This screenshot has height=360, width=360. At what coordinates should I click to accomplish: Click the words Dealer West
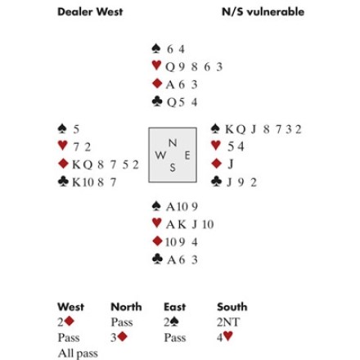[90, 11]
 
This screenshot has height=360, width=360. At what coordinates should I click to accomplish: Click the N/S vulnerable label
[263, 11]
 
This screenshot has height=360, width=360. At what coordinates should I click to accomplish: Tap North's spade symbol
[156, 48]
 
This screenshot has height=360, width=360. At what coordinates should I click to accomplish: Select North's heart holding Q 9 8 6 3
[194, 67]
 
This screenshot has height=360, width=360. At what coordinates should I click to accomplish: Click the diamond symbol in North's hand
[157, 83]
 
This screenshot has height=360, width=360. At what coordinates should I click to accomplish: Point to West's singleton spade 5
[76, 129]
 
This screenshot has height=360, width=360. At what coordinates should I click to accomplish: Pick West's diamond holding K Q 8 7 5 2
[106, 164]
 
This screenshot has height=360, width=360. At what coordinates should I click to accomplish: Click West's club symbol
[63, 182]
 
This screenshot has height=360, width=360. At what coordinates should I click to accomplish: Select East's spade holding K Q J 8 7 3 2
[263, 129]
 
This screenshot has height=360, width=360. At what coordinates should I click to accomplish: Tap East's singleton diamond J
[231, 164]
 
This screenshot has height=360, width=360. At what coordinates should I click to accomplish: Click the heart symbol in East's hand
[216, 145]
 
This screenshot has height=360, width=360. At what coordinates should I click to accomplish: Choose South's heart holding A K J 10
[190, 225]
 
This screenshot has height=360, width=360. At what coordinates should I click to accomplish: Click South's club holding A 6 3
[182, 260]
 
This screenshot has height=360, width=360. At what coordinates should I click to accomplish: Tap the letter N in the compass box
[173, 143]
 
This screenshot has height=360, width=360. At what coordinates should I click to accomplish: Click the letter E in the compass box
[187, 155]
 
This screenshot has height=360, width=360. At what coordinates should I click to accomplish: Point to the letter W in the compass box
[160, 155]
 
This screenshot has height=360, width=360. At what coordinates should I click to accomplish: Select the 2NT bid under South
[228, 322]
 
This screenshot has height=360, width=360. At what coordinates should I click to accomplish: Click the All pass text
[78, 353]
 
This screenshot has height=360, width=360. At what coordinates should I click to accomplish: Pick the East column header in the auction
[174, 307]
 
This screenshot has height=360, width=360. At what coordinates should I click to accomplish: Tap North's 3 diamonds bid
[119, 338]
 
